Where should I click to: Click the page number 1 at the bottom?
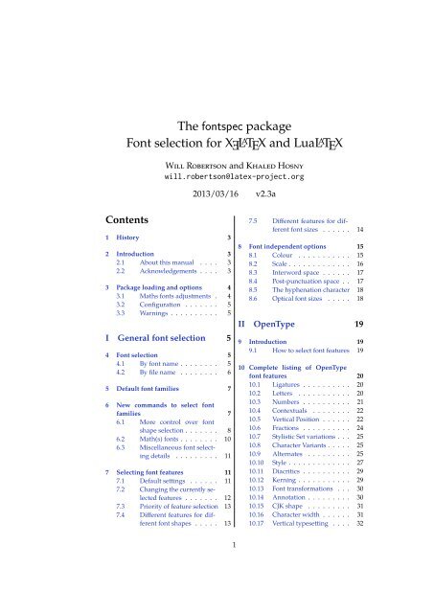coord(217,599)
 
